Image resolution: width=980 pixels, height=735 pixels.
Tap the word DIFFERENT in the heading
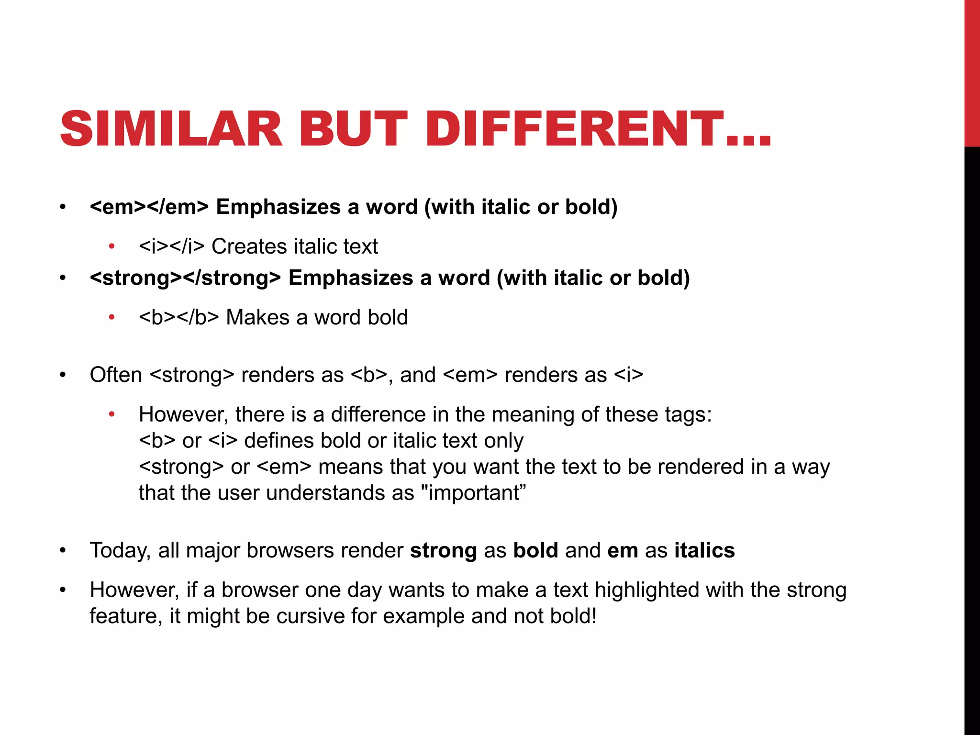pos(574,129)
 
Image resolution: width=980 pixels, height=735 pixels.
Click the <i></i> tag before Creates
pos(171,247)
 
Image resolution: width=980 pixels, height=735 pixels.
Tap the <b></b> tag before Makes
pos(178,318)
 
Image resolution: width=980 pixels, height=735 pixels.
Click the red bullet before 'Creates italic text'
pos(111,247)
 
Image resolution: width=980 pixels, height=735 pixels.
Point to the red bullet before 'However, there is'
pos(111,414)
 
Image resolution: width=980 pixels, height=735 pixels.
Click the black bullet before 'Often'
pos(63,375)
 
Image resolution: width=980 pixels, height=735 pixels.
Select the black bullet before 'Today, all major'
pos(63,551)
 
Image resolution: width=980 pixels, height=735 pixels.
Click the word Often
pos(116,375)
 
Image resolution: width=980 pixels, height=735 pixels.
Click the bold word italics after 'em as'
pos(704,551)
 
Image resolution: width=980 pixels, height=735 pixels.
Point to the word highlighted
pos(646,590)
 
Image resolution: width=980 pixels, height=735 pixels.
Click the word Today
pos(120,551)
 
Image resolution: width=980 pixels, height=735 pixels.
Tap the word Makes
pos(257,318)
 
